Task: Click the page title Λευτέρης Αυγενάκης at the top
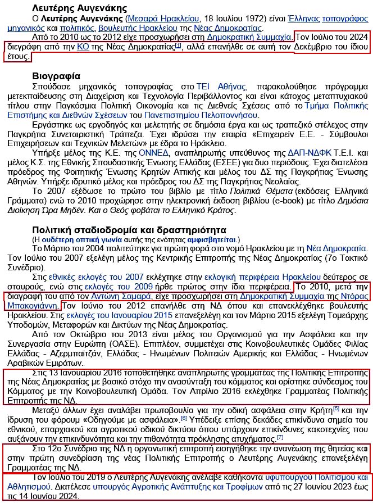pos(79,8)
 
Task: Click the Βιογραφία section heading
pos(56,76)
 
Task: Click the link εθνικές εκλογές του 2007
pos(95,277)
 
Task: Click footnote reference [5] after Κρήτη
pos(336,409)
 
